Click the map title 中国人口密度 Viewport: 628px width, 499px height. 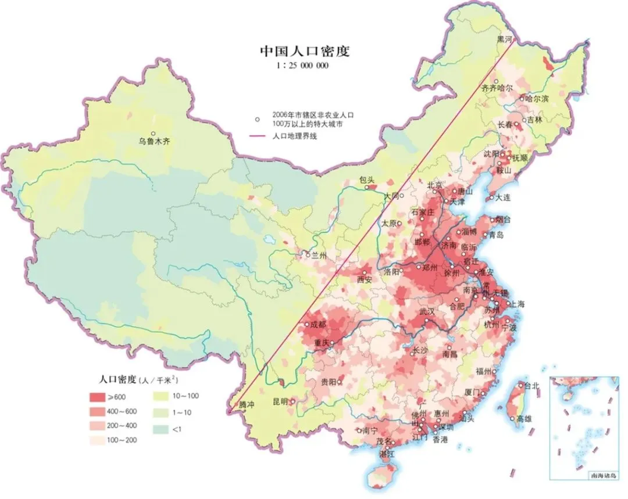[304, 51]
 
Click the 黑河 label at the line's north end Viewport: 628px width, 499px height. [505, 39]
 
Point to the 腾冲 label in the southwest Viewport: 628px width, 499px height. [246, 404]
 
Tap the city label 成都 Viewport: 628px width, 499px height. [317, 324]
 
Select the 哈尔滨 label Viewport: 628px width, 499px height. [536, 99]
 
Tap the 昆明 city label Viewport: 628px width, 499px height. [281, 401]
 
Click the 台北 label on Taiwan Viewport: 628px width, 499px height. [531, 385]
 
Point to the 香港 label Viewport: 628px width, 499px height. [440, 440]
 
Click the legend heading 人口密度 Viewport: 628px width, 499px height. [117, 379]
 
